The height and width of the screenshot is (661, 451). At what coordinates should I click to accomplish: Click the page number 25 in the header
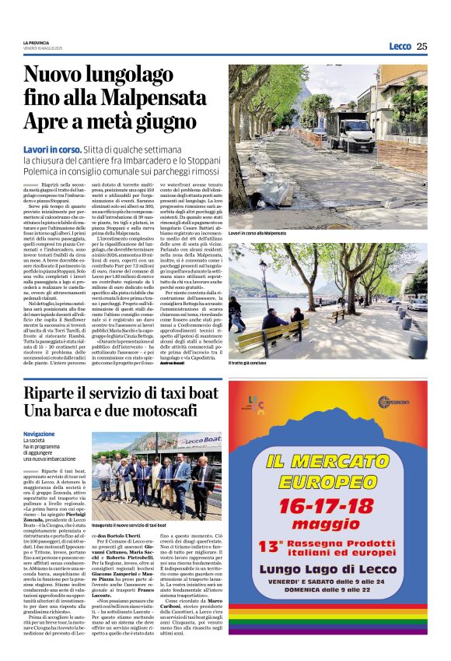pyautogui.click(x=421, y=46)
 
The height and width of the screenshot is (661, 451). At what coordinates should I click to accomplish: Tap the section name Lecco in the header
pyautogui.click(x=400, y=46)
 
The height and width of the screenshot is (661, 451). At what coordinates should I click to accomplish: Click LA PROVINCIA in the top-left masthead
pyautogui.click(x=36, y=42)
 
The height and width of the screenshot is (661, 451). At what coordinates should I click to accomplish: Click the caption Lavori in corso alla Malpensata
pyautogui.click(x=257, y=234)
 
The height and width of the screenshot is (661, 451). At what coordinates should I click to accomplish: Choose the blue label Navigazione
pyautogui.click(x=39, y=434)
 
